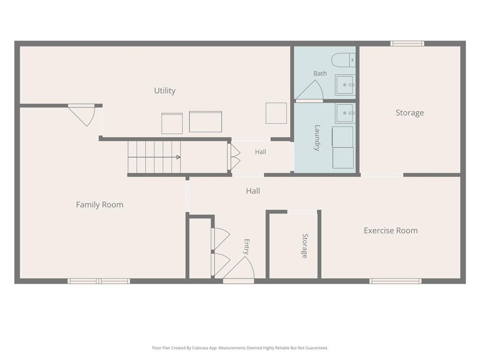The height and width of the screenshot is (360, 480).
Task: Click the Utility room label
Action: point(165,90)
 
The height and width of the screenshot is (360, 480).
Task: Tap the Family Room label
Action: point(99,204)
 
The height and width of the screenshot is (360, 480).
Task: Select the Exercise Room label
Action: point(390,231)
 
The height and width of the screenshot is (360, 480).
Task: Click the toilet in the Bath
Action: point(344,60)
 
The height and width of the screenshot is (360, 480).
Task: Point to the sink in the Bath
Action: point(345,85)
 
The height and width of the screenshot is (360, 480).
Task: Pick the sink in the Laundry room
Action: point(345,113)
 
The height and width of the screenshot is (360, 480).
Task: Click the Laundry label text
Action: point(317,138)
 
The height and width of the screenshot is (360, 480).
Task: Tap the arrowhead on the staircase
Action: point(178,157)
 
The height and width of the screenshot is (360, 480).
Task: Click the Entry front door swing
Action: point(239,268)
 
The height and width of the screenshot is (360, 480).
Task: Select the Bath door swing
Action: point(309,90)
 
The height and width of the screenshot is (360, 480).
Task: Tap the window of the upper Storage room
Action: point(407,44)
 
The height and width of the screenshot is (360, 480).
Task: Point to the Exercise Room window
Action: point(395,281)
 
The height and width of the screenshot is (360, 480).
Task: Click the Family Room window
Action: point(98,281)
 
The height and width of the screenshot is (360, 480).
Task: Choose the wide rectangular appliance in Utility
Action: point(205,122)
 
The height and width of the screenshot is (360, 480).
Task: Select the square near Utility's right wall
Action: point(276,113)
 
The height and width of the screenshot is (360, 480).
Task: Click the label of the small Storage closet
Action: point(305,246)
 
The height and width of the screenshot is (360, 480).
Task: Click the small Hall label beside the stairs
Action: point(261,152)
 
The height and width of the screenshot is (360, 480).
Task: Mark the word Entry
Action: point(247,247)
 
